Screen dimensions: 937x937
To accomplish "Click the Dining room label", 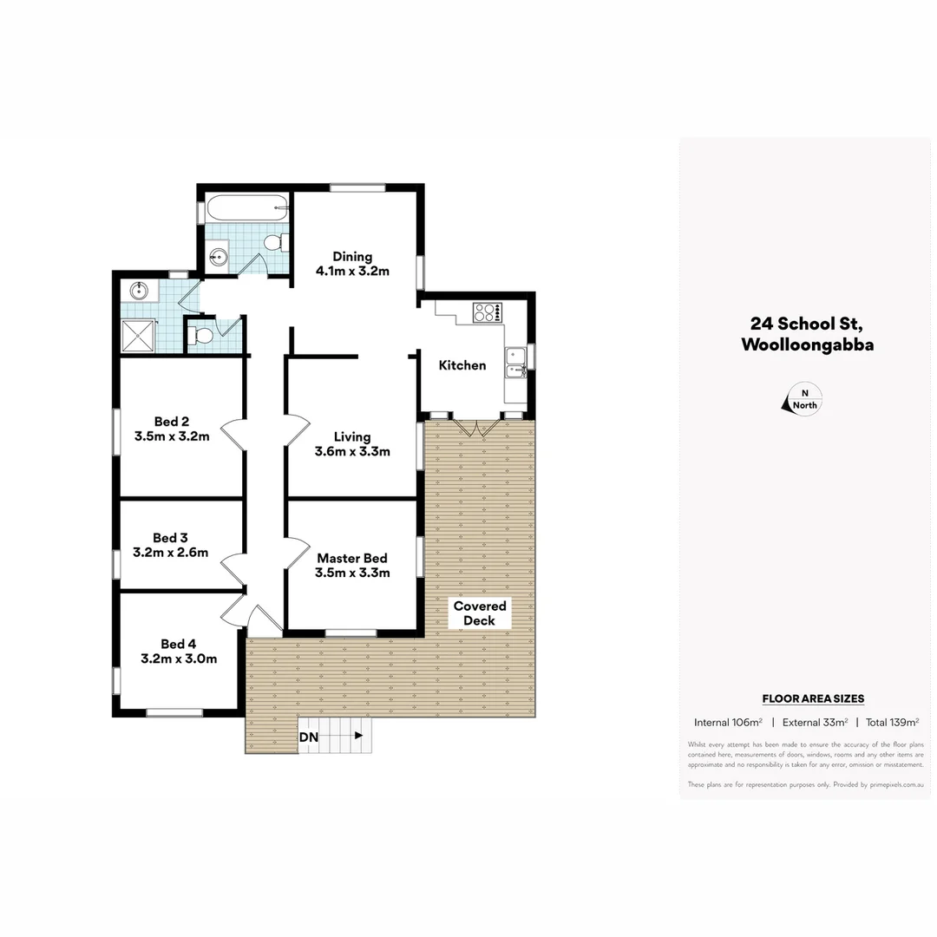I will point(352,257).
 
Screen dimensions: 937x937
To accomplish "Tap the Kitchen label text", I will point(462,365).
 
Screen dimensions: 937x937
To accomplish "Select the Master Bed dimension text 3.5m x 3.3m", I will point(352,573).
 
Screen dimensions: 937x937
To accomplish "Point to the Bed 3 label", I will point(170,538).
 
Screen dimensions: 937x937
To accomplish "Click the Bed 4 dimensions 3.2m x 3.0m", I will point(179,659).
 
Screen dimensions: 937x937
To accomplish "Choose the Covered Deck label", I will point(479,613).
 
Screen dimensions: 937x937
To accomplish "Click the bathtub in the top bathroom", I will point(245,209).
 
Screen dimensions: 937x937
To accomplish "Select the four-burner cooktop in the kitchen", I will point(487,312).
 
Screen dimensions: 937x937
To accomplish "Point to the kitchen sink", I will point(516,363).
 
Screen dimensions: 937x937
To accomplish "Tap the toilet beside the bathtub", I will point(273,241).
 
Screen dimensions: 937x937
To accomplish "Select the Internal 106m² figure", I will point(728,722).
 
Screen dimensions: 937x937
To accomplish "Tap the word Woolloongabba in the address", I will point(807,344).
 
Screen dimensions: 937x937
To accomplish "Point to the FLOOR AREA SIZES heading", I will point(813,698).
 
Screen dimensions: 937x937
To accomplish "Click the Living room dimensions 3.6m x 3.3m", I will point(352,451).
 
